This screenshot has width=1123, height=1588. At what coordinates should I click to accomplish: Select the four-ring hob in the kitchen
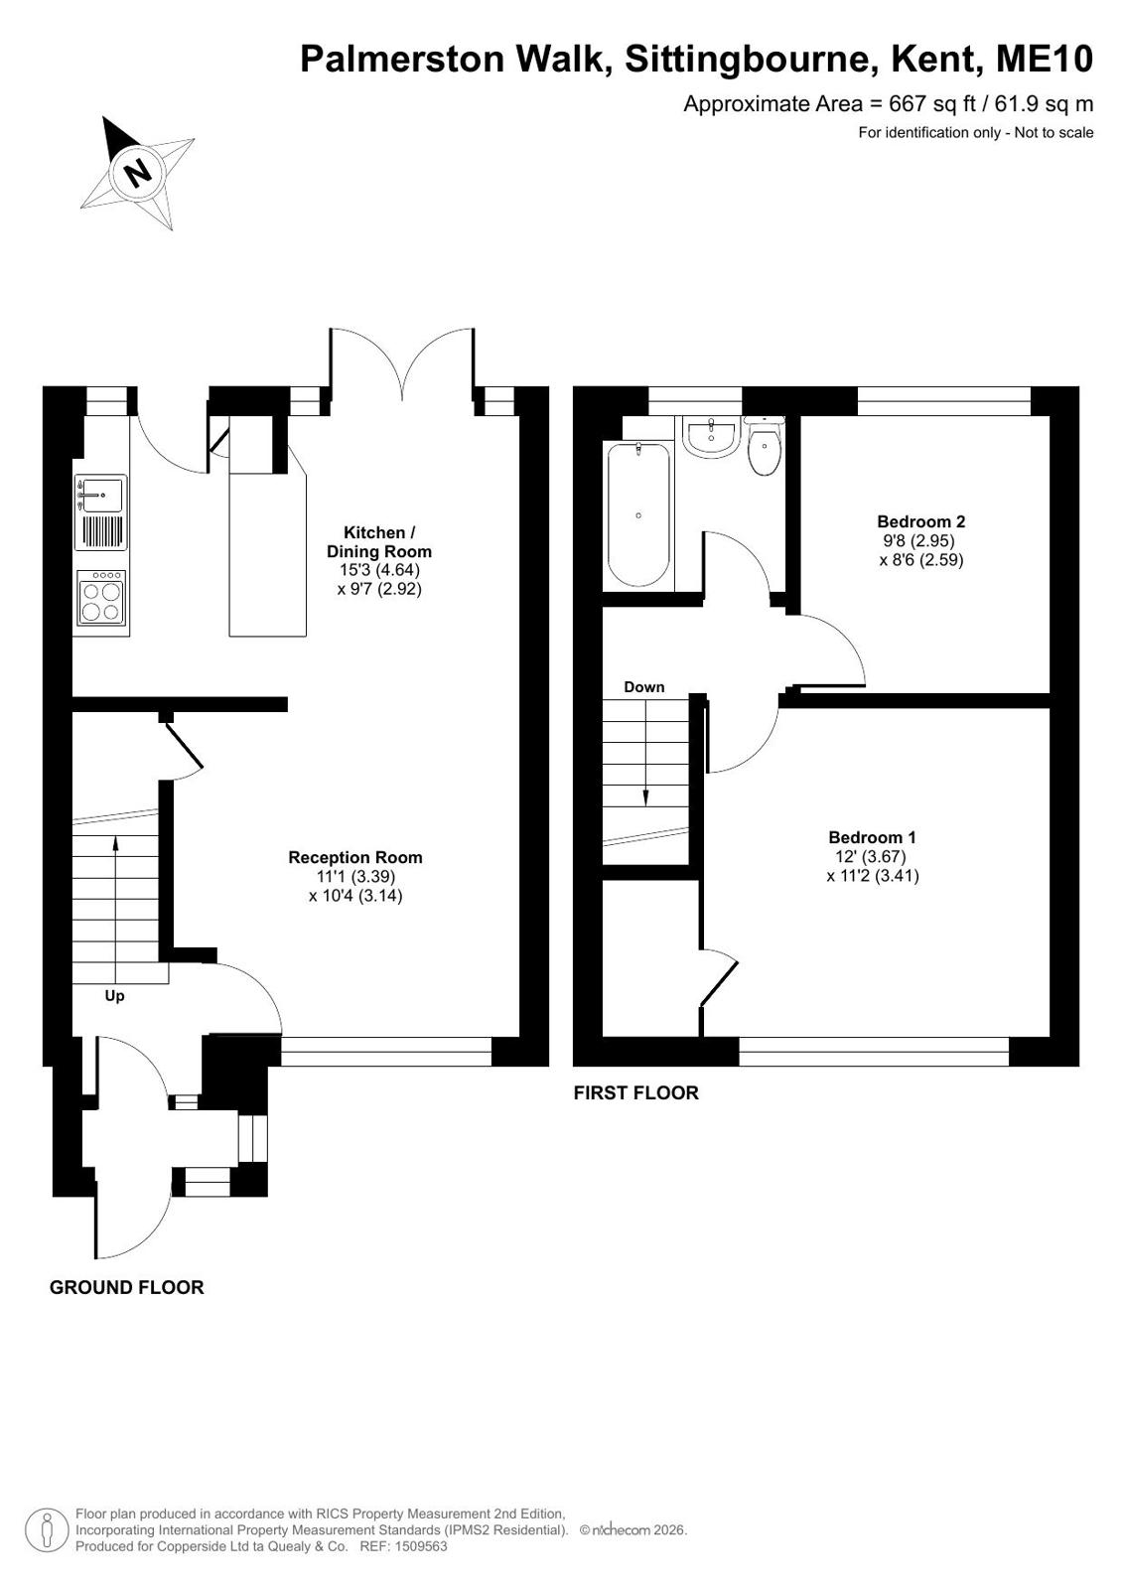click(x=101, y=598)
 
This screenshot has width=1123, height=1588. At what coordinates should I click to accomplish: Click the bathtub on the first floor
click(x=638, y=514)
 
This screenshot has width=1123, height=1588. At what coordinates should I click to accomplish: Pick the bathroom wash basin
click(x=711, y=437)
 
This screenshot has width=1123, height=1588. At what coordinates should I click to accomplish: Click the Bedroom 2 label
click(x=921, y=521)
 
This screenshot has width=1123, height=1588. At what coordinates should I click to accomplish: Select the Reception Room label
click(x=355, y=857)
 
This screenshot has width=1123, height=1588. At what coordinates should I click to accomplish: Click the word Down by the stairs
click(x=643, y=686)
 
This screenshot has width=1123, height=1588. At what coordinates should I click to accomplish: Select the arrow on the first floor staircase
click(x=645, y=753)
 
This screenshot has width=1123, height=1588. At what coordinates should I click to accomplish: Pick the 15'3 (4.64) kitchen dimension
click(x=378, y=569)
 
